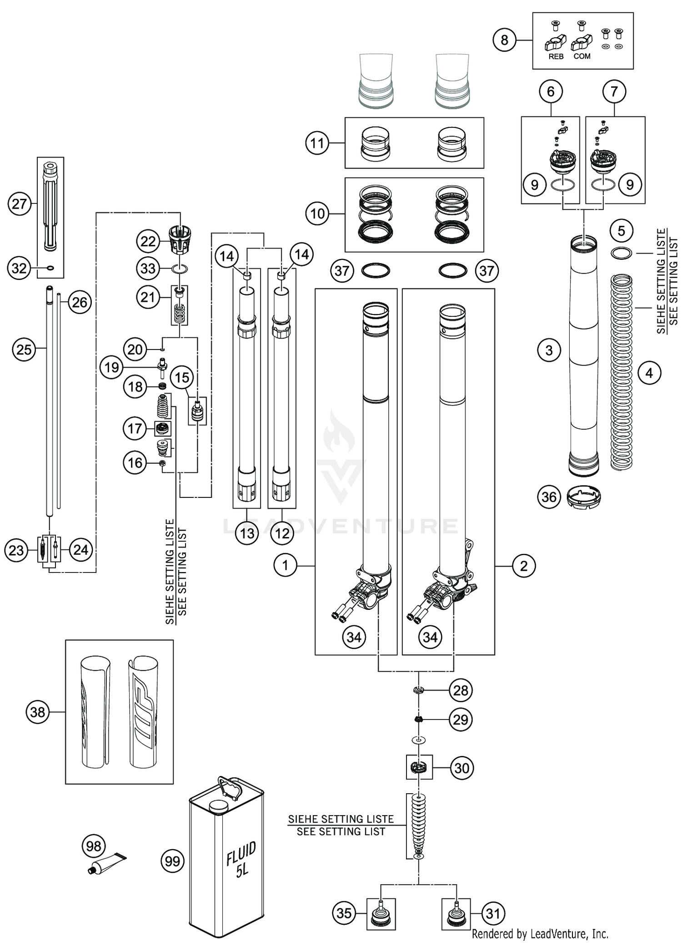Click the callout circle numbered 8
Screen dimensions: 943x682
(x=504, y=41)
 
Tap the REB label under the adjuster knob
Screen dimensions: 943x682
(x=556, y=56)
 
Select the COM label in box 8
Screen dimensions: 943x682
(x=582, y=56)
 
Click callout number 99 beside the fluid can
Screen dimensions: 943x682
(x=172, y=861)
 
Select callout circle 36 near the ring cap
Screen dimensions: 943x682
(x=549, y=497)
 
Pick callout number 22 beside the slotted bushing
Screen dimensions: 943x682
(x=148, y=241)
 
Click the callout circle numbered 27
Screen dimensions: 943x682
(x=20, y=203)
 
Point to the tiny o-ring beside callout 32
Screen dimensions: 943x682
(x=50, y=268)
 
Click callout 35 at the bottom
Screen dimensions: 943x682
(x=344, y=913)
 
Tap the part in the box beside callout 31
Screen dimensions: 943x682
(x=456, y=914)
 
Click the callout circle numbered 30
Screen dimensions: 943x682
(x=461, y=768)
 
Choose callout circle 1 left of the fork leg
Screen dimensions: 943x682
(x=285, y=566)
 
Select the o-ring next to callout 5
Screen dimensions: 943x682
(x=621, y=253)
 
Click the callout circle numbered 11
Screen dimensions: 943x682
(x=317, y=143)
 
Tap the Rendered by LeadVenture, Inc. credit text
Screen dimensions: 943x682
(x=540, y=934)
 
